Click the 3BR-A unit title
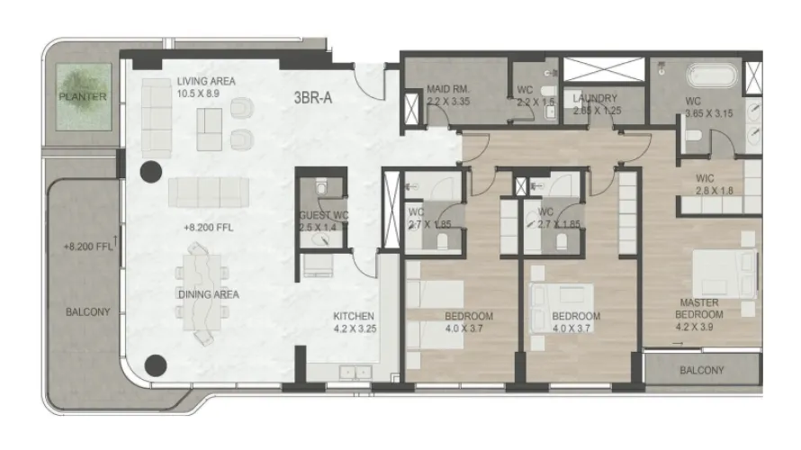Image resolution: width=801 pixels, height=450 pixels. pos(313,98)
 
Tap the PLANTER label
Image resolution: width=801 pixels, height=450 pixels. pos(83,96)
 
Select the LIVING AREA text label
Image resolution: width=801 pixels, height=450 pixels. pos(206,81)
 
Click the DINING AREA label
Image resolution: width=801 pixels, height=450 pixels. pos(207,294)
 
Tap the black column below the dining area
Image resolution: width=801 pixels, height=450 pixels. pos(157,365)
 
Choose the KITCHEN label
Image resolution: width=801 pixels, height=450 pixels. pos(354,317)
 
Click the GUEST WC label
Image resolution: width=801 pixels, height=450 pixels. pos(321,216)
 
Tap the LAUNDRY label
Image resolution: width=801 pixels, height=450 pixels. pos(594,98)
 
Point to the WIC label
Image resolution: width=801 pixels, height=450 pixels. pos(705,177)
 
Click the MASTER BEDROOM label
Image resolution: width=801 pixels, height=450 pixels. pos(700,309)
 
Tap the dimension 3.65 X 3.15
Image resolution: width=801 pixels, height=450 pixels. pos(707,113)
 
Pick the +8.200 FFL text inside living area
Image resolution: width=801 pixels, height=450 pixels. pos(208,228)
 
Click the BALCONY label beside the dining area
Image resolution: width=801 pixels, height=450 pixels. pos(87,312)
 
